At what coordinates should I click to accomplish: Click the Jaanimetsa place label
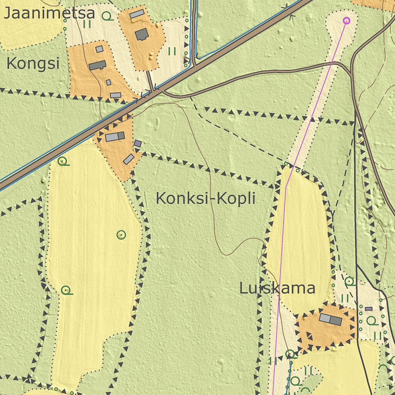pos(49,13)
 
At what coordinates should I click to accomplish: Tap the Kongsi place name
pos(33,64)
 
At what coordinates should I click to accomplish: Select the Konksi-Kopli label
pos(206,199)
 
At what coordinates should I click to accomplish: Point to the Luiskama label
pos(277,288)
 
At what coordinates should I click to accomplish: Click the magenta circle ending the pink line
pos(346,20)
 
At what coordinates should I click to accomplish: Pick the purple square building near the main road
pos(138,144)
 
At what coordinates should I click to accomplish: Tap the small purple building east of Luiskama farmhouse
pos(368,309)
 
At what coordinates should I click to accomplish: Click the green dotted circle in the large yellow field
pos(121,234)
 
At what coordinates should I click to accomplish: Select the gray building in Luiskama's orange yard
pos(331,319)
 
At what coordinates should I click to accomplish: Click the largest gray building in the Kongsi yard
pos(98,65)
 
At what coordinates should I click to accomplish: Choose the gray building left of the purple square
pos(115,137)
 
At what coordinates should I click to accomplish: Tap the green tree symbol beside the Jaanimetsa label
pos(107,16)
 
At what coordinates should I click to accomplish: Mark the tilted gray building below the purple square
pos(128,159)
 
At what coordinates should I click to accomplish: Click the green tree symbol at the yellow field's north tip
pos(63,161)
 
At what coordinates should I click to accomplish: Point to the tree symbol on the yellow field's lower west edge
pos(66,290)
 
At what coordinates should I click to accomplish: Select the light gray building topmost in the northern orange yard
pos(137,14)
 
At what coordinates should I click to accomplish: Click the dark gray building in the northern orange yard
pos(142,34)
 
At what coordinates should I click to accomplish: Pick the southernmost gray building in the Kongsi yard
pos(115,95)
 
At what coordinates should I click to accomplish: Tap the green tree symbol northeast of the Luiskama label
pos(349,281)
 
